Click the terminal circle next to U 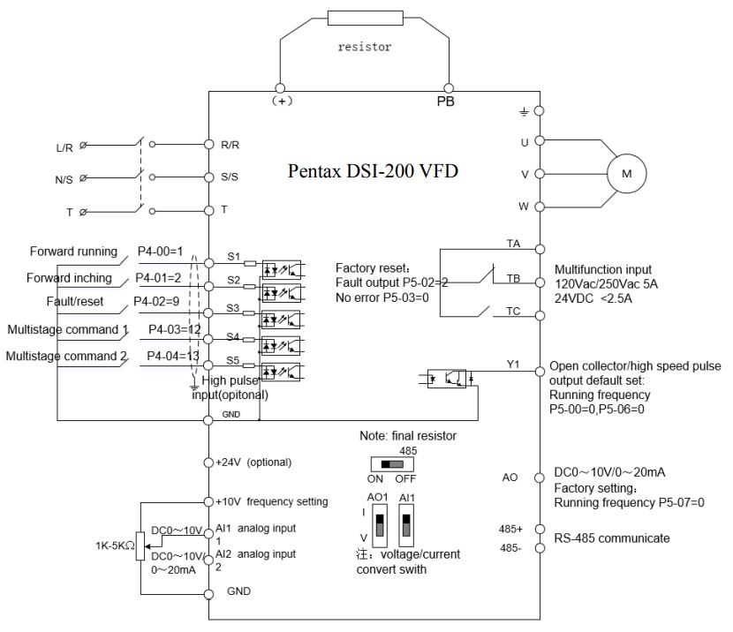tap(539, 140)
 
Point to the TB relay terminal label tap(512, 279)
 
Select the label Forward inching tap(68, 277)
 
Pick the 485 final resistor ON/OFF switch tap(385, 463)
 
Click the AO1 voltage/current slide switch tap(379, 528)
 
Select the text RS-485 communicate tap(610, 538)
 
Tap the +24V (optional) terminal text tap(253, 462)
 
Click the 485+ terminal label tap(510, 529)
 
